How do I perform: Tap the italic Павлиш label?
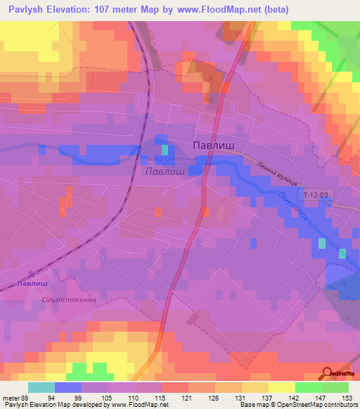(x=164, y=171)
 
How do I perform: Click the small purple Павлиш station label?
(x=30, y=283)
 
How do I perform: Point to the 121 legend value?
(x=186, y=398)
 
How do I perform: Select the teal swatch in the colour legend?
(x=41, y=387)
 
